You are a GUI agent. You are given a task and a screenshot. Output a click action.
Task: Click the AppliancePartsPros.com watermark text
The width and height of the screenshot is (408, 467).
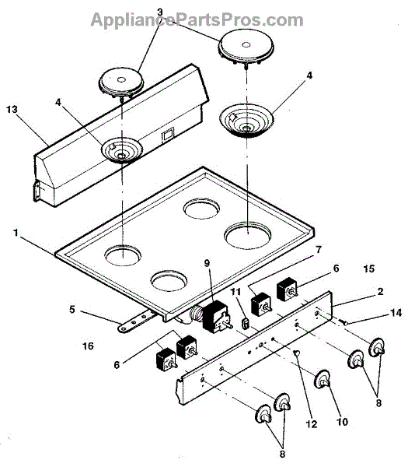pos(197,20)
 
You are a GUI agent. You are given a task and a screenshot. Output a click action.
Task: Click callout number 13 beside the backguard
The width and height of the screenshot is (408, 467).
pos(12,110)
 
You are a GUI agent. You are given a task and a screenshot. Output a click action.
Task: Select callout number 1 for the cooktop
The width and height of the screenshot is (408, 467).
pos(16,233)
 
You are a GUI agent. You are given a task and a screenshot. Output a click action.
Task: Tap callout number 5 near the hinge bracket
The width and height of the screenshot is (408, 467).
pos(72,310)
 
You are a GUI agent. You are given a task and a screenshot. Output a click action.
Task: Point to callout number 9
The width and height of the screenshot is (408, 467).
pos(207,263)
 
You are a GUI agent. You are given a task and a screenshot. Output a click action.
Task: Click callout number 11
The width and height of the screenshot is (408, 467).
pos(235,292)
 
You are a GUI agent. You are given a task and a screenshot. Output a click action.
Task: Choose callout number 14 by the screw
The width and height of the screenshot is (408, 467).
pos(396,313)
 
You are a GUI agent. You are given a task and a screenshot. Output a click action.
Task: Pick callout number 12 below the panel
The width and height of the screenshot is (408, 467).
pos(312,424)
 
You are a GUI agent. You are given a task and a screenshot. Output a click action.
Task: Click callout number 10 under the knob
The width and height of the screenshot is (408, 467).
pos(342,422)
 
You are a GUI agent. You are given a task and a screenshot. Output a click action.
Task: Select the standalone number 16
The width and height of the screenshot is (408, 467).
pos(88,346)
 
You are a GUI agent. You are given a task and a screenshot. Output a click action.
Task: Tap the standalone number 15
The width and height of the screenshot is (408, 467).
pos(368,269)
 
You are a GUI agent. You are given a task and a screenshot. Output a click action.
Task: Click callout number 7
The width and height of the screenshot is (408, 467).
pos(319,249)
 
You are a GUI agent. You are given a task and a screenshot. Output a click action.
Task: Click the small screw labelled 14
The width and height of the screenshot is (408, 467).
pos(343,322)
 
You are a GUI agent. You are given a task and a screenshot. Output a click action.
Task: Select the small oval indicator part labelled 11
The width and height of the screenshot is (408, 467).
pos(246,324)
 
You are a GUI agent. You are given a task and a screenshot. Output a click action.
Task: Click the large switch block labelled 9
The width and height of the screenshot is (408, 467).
pos(216,316)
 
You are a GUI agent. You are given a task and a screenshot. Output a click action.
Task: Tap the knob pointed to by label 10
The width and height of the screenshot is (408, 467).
pos(323,380)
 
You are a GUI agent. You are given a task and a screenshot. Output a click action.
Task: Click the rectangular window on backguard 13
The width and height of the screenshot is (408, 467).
pos(167,134)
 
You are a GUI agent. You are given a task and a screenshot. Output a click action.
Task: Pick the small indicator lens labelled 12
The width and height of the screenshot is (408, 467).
pos(297,353)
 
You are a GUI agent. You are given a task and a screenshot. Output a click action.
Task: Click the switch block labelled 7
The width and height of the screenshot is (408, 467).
pos(261,304)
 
